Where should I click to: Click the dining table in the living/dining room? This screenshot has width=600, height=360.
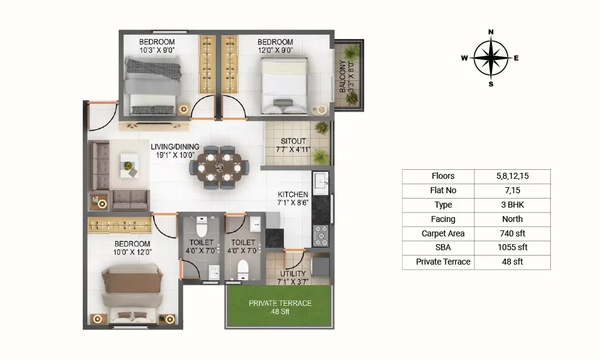tap(219, 167)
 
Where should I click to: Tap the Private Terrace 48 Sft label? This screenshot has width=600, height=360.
tap(280, 307)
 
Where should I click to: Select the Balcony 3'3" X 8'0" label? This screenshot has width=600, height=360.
tap(347, 76)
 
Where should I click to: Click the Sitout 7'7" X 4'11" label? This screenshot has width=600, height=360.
tap(293, 145)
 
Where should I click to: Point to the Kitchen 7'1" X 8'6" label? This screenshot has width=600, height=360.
tap(293, 198)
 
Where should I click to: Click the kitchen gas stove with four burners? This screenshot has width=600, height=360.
tap(320, 236)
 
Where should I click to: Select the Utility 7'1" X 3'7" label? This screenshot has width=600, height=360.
tap(293, 278)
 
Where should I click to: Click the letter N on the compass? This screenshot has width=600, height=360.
tap(491, 32)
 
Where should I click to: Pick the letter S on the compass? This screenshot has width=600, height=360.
tap(491, 84)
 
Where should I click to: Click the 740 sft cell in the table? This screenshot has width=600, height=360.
tap(512, 233)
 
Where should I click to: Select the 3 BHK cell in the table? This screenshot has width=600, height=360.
tap(512, 205)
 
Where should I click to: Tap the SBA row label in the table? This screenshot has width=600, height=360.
tap(443, 248)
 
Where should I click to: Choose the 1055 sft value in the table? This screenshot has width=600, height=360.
tap(512, 248)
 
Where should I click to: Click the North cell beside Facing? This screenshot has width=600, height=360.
tap(512, 219)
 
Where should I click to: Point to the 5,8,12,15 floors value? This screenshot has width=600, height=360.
tap(512, 176)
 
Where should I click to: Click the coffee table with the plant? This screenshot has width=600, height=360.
tap(130, 165)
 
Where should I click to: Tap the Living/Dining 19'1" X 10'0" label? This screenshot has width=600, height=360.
tap(175, 151)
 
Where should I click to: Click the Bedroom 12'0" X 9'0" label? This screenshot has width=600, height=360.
tap(275, 46)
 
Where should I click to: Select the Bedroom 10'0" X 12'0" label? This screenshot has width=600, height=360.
tap(133, 248)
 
